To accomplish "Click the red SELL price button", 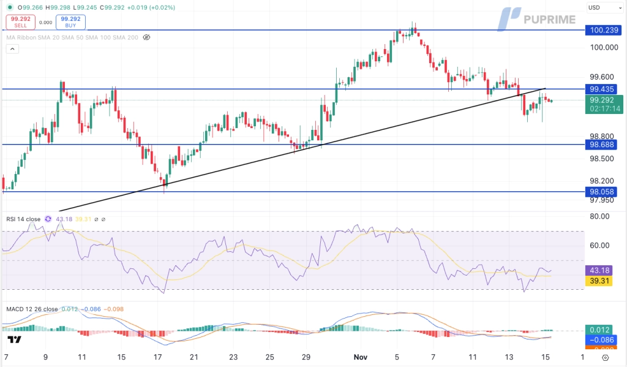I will [x=20, y=23].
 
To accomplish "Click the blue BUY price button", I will [x=71, y=23].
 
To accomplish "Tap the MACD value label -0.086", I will [x=602, y=339].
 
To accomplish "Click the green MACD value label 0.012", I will [x=602, y=329].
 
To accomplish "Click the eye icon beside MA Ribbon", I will [x=146, y=37].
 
